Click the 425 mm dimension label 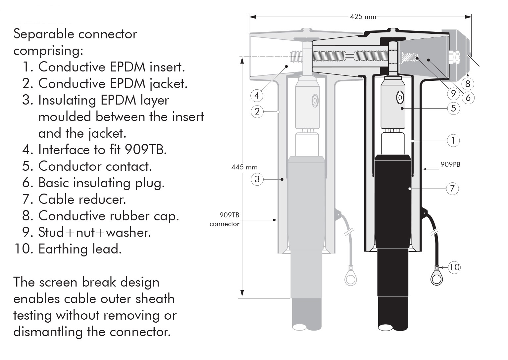(363, 17)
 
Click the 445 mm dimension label (244, 167)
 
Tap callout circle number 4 (257, 95)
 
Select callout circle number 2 (257, 112)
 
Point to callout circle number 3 (257, 179)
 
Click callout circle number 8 (468, 84)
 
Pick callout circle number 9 (453, 93)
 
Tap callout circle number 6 (468, 98)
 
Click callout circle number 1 (453, 141)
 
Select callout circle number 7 (452, 189)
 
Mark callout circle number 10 (454, 267)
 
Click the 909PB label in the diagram (450, 164)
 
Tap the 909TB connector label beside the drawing (225, 219)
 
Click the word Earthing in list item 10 (63, 249)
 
